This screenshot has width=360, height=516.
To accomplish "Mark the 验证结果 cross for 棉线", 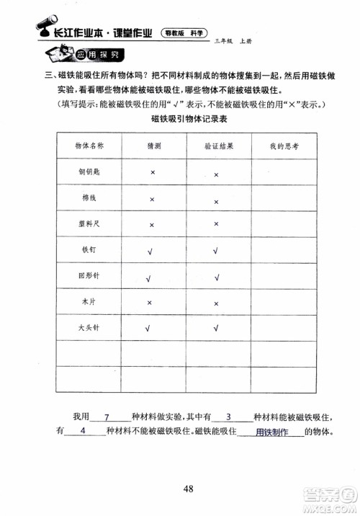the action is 216,201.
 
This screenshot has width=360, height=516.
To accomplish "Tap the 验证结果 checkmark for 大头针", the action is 216,329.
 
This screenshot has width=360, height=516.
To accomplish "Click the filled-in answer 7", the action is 106,417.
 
